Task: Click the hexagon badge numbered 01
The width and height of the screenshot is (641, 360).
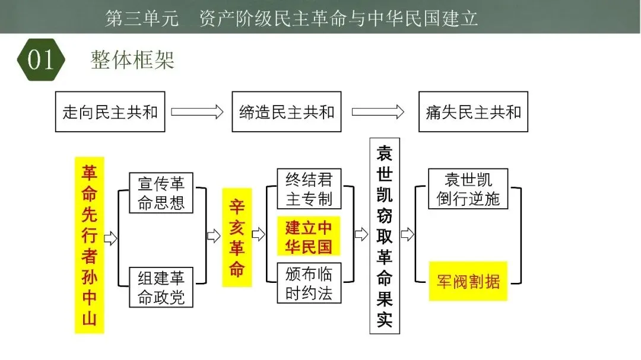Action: (x=40, y=59)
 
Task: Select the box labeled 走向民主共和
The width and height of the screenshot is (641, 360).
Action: (x=110, y=111)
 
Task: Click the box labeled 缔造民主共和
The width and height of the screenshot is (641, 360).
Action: (x=287, y=111)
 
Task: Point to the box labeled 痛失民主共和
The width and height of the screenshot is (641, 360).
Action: (x=473, y=111)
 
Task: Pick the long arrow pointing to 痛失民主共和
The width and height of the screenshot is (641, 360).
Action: (x=378, y=111)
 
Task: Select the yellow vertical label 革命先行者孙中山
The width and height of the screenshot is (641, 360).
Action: (x=90, y=245)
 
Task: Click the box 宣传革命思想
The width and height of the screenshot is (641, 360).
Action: (x=161, y=193)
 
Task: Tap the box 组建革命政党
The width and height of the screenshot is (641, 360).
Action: (x=161, y=287)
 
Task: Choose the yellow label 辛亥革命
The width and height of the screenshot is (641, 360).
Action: (x=237, y=238)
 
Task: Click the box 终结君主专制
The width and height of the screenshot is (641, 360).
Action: (x=309, y=189)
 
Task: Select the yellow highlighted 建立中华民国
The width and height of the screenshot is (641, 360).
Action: (x=309, y=237)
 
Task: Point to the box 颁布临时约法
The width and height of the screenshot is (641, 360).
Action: (x=309, y=283)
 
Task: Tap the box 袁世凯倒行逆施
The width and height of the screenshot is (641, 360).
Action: (x=468, y=189)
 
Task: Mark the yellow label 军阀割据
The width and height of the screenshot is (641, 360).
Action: (x=468, y=281)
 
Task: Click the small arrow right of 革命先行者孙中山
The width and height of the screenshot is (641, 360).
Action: (x=110, y=238)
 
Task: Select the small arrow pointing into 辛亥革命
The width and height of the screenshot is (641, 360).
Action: (x=213, y=236)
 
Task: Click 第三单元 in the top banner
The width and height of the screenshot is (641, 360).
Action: (x=141, y=18)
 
